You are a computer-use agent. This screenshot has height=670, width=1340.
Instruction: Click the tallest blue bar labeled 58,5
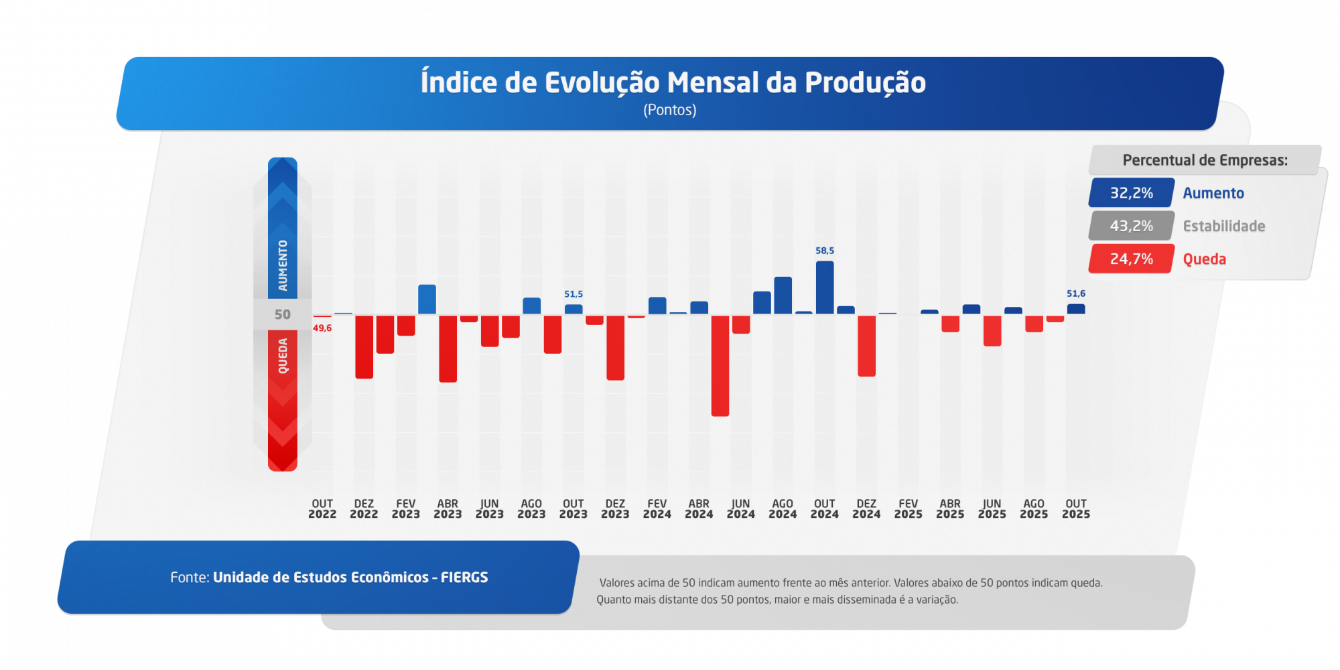[x=825, y=287]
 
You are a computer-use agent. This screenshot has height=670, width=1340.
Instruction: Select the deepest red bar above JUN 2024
[x=720, y=366]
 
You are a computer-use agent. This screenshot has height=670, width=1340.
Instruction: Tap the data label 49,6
[x=322, y=328]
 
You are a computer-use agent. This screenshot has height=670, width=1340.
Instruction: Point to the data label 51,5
[x=574, y=294]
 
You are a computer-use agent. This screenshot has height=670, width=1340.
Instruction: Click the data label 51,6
[x=1076, y=293]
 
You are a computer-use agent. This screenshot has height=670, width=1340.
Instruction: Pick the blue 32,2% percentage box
[x=1132, y=193]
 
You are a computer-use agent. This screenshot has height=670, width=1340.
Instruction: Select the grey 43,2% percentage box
[x=1132, y=226]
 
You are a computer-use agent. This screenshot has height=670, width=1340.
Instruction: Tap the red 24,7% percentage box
[x=1132, y=259]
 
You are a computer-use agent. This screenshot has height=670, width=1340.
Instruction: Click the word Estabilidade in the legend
[x=1224, y=226]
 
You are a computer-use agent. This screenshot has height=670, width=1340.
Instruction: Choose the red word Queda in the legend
[x=1205, y=259]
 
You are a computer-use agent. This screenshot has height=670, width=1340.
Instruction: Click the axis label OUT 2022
[x=322, y=509]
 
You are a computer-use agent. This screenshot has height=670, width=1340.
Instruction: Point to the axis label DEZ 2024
[x=866, y=509]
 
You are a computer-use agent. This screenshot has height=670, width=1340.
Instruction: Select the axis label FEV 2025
[x=909, y=509]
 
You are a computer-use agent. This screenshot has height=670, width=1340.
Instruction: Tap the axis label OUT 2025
[x=1076, y=509]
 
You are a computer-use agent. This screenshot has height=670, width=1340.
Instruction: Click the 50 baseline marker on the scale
[x=283, y=314]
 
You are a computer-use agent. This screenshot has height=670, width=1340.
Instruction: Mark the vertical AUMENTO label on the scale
[x=283, y=265]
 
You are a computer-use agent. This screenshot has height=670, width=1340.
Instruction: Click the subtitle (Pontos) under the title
[x=670, y=110]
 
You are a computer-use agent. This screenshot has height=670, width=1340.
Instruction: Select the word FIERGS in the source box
[x=464, y=578]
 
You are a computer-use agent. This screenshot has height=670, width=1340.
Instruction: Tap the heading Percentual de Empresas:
[x=1205, y=160]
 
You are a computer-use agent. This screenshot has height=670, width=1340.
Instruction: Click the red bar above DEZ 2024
[x=866, y=346]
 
